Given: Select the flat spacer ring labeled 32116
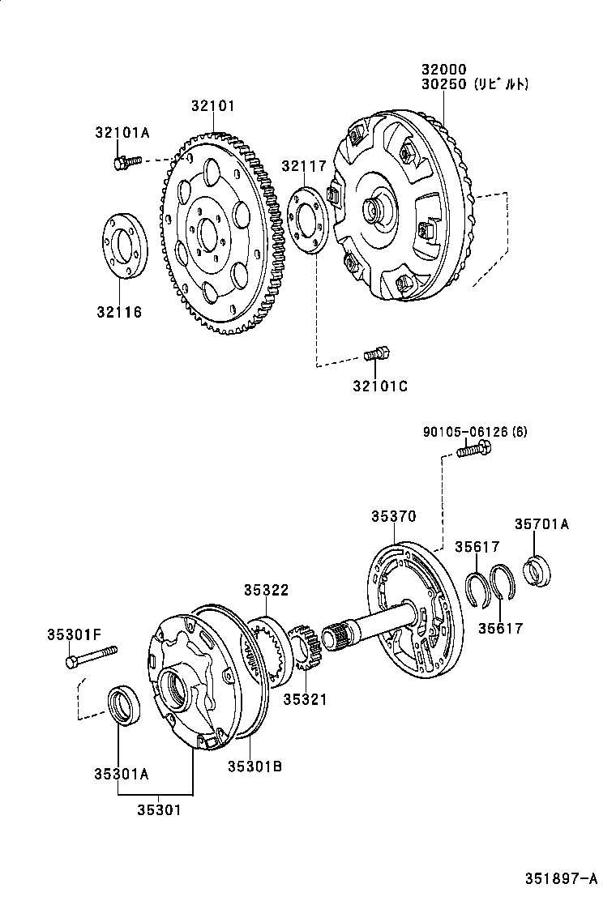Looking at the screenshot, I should pos(124,246).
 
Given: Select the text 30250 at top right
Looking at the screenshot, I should pos(444,83).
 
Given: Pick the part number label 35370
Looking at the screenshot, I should pos(394,515).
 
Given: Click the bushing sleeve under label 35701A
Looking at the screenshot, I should pos(537,570).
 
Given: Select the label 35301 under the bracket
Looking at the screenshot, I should pos(158,809).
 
